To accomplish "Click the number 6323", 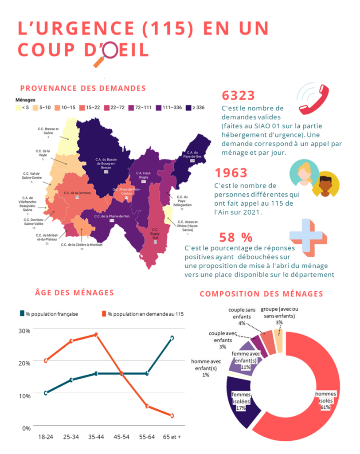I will click(x=238, y=95).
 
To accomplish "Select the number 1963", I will click(x=231, y=173).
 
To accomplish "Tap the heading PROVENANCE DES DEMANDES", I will click(x=83, y=88).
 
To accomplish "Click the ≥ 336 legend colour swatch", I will click(x=188, y=108).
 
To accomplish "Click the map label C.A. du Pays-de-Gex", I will click(x=192, y=155).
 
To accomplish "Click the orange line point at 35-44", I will click(x=96, y=335).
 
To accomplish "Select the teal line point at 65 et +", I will click(x=172, y=338).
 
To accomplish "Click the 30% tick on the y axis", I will click(x=24, y=330).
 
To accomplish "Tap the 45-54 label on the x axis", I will click(x=121, y=437).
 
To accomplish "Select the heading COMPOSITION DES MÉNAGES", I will click(x=261, y=294).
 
